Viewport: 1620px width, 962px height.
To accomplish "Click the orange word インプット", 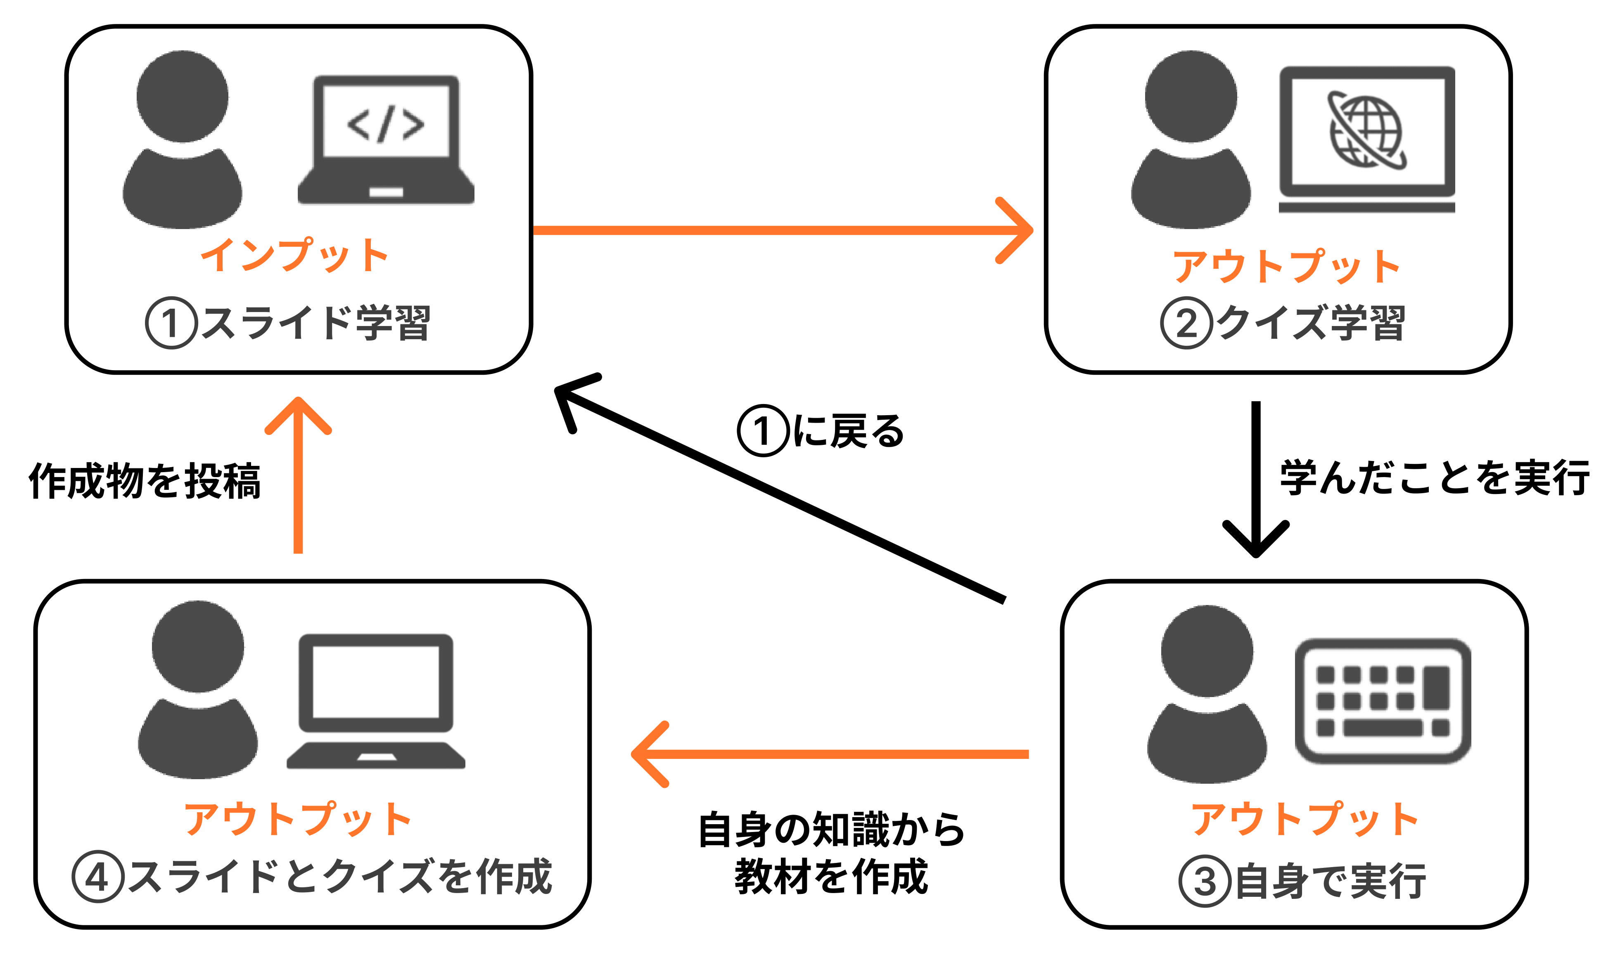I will [294, 255].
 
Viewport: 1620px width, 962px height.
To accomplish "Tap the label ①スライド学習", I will [288, 323].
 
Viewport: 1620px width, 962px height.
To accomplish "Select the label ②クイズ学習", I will [1282, 323].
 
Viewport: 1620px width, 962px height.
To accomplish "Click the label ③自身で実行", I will [1302, 881].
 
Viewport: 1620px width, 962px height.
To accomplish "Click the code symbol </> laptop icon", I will [386, 139].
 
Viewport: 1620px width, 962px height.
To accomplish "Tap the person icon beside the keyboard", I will [1207, 694].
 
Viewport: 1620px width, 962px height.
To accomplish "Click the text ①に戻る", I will [821, 431].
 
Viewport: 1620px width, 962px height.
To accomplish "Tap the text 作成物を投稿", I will [145, 481].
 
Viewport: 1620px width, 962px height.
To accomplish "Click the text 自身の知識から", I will [831, 830].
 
